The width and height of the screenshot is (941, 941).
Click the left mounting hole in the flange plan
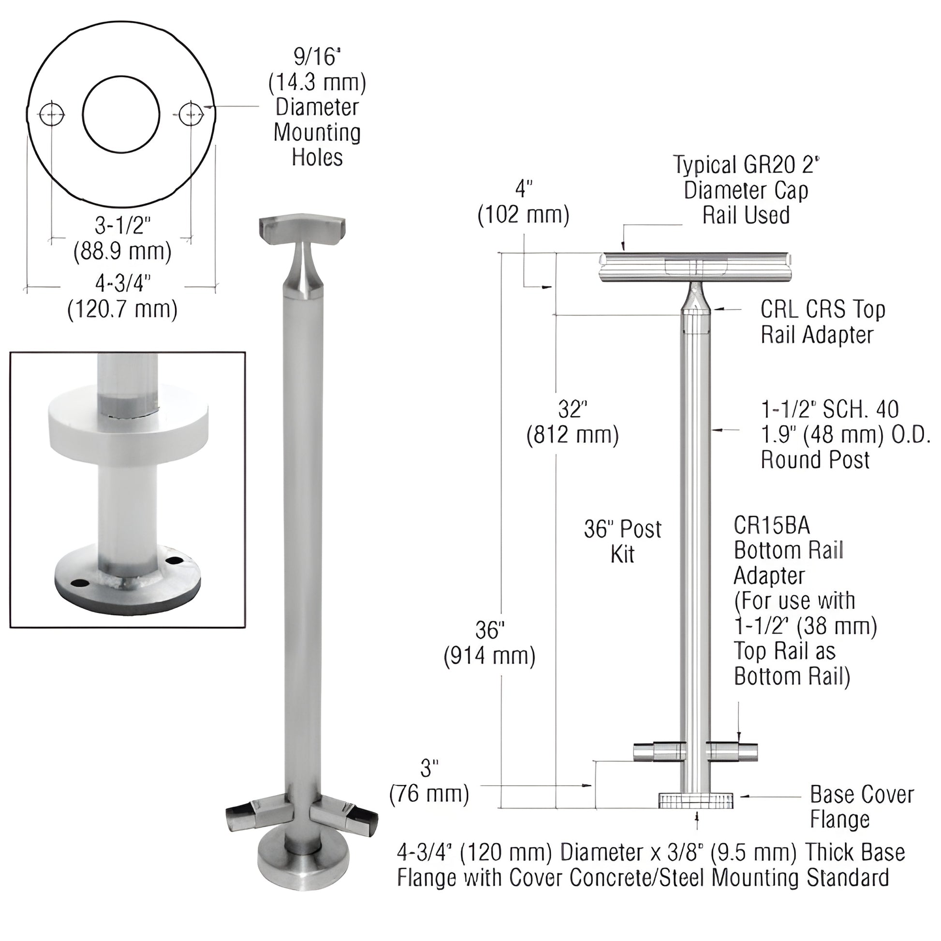(x=52, y=115)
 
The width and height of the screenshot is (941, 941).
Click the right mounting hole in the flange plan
(x=191, y=115)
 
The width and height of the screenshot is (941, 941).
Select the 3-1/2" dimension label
(x=123, y=225)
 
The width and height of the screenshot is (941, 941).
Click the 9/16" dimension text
(x=316, y=58)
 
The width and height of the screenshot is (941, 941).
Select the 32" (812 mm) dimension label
(x=573, y=422)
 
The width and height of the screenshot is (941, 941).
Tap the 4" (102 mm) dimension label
(x=524, y=202)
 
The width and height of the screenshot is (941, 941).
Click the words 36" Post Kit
(x=622, y=541)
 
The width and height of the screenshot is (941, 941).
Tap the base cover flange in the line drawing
(x=696, y=800)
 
